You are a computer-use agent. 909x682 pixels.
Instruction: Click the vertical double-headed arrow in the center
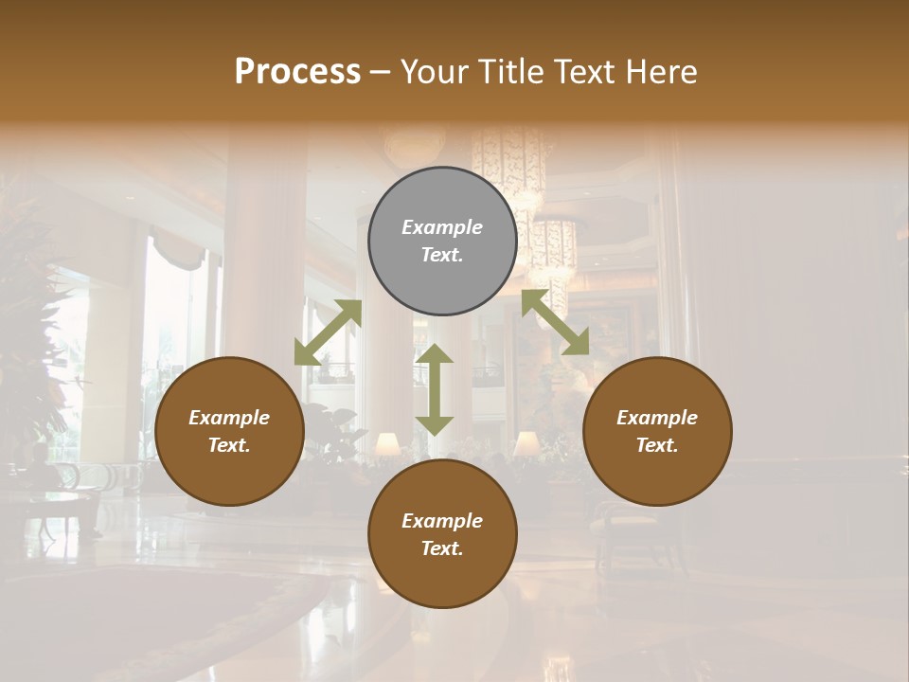coord(435,389)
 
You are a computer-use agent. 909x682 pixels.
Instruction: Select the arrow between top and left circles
coord(328,332)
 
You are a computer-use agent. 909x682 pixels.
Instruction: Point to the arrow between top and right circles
coord(555,322)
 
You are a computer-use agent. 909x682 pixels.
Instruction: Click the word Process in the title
coord(297,72)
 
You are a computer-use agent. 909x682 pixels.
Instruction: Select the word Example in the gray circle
coord(442,227)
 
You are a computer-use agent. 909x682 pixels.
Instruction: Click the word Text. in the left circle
coord(229,445)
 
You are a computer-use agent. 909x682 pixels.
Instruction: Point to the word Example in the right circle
coord(657,418)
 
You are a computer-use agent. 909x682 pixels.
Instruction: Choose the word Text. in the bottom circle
coord(442,548)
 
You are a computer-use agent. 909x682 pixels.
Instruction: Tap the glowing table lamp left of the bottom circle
coord(386,443)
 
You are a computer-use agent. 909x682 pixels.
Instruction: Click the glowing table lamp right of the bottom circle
coord(526,443)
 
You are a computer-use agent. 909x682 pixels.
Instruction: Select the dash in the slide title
coord(381,72)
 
